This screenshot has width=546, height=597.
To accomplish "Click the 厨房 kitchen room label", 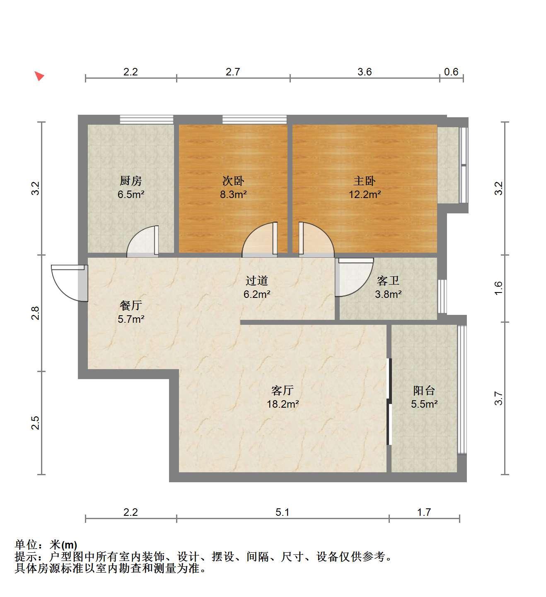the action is pos(130,181).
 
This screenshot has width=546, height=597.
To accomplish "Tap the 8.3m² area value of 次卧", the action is pos(233,194).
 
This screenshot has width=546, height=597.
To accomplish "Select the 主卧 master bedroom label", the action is pos(365,181).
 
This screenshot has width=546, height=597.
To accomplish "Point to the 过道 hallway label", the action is pos(256,280).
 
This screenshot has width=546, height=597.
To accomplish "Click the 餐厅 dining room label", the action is pos(130,305).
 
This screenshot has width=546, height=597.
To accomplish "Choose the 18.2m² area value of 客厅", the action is pos(283,404).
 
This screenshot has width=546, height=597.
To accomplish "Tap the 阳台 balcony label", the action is pos(424,390).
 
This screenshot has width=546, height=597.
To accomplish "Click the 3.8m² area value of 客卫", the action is pos(388,294).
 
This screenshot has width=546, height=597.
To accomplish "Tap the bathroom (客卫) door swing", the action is pos(354,277).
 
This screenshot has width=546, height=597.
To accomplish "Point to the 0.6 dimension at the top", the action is pos(451,72).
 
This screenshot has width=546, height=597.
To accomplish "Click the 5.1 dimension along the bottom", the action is pos(282,512).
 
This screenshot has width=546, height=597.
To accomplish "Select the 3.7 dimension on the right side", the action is pos(498,398).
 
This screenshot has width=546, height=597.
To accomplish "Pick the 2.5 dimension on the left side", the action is pos(35,423).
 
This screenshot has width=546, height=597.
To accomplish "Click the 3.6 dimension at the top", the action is pos(365,72).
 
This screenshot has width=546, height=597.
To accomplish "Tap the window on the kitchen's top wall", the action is pos(147,120).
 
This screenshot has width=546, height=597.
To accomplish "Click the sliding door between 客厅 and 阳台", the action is pos(389,401).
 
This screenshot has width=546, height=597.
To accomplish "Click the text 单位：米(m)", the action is pos(46,545).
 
